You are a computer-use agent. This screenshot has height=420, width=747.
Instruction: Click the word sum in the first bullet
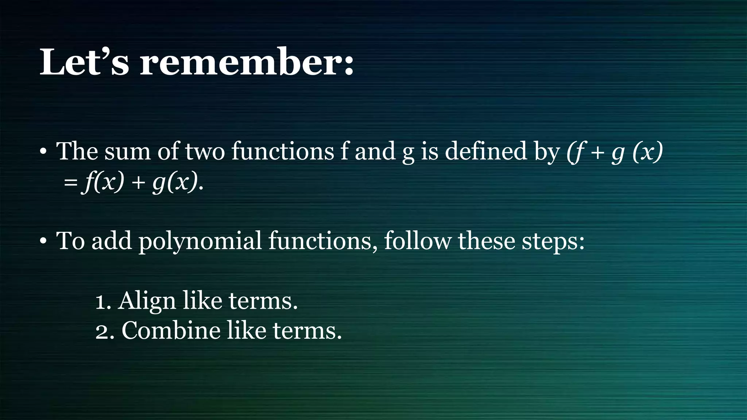(127, 152)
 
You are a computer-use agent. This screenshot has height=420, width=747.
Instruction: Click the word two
(205, 152)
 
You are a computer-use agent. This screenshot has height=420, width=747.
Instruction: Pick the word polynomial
(200, 242)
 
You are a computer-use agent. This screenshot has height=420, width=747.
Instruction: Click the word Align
(147, 302)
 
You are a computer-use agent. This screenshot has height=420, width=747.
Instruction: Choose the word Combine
(171, 331)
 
